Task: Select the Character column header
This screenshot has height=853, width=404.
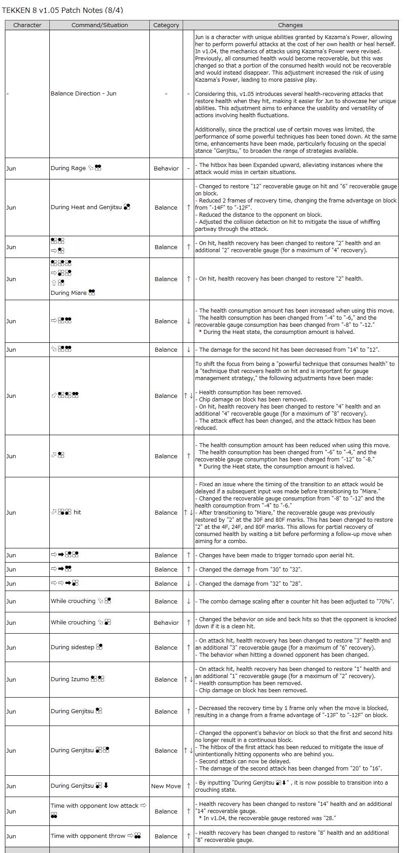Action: (27, 25)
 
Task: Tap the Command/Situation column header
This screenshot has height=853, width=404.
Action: (100, 25)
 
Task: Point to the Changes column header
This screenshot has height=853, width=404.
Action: (290, 25)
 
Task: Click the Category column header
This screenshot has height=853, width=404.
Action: (166, 25)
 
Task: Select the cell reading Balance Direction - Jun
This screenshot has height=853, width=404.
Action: (84, 94)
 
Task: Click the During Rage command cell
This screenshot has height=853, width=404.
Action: (76, 168)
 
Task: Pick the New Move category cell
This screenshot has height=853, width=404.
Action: (166, 786)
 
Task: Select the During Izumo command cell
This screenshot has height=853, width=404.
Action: (77, 679)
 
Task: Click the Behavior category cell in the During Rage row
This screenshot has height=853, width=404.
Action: (166, 168)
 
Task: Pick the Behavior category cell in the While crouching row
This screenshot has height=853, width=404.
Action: (166, 623)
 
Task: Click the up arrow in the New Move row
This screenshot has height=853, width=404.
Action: (188, 786)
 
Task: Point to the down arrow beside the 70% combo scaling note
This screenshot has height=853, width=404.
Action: (188, 601)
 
